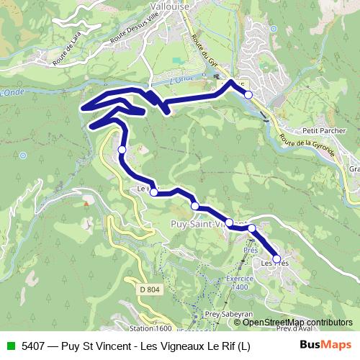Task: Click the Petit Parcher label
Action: (320, 131)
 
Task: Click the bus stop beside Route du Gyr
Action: (248, 95)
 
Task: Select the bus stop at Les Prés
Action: (276, 258)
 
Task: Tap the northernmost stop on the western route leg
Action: (122, 150)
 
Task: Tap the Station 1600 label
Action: (150, 328)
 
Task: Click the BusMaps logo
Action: (325, 345)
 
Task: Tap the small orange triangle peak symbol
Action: (86, 203)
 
